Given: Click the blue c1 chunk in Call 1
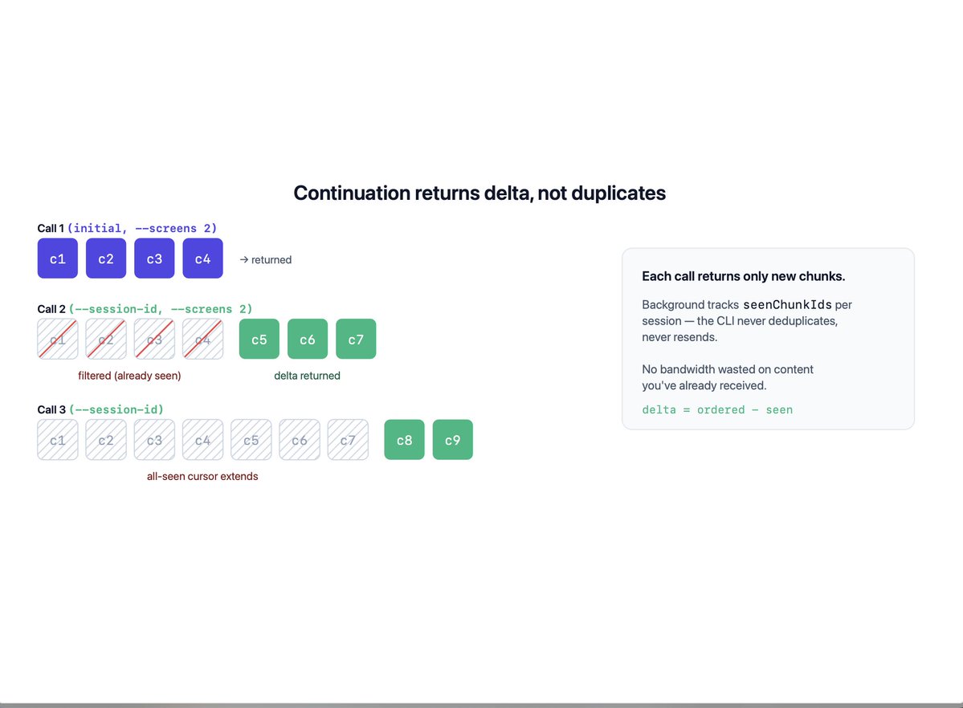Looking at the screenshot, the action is [x=58, y=258].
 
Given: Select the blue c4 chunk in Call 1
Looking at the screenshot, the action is [x=202, y=258].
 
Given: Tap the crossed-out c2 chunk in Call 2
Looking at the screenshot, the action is [x=106, y=339].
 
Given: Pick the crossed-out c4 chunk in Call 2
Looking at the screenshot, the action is [x=202, y=339].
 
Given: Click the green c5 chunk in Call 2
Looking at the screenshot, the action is [x=259, y=339].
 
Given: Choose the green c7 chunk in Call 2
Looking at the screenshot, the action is [x=357, y=339].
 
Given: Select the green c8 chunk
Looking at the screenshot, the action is [x=404, y=440].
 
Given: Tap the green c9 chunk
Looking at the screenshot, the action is [x=453, y=440].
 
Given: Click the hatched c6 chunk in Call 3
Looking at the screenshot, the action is [x=300, y=440].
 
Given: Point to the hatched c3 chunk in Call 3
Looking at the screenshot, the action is [x=154, y=440].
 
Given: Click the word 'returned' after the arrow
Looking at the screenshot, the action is [x=271, y=260].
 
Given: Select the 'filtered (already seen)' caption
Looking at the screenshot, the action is [x=129, y=376].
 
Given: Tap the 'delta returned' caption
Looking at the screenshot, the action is [x=307, y=376].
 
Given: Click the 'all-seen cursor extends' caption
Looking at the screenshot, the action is [x=202, y=477].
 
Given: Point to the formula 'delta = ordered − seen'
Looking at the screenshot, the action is [x=717, y=409].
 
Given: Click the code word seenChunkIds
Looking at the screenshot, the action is [x=787, y=304].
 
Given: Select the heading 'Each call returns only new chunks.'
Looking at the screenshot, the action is [x=744, y=276].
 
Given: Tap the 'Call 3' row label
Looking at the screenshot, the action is [x=51, y=409].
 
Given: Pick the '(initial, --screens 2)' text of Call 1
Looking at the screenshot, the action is [x=142, y=229].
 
